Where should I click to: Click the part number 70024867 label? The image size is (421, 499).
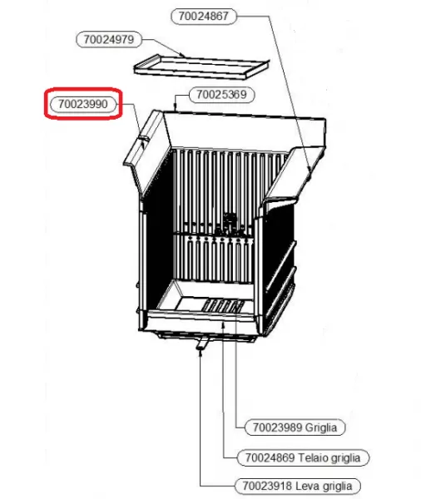click(x=204, y=16)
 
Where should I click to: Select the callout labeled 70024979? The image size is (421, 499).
click(x=109, y=40)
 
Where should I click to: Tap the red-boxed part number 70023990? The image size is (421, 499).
click(x=83, y=104)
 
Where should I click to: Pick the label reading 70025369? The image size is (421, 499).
click(x=221, y=95)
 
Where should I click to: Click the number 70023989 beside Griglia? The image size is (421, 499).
click(x=277, y=427)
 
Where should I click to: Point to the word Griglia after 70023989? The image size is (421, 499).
click(x=321, y=427)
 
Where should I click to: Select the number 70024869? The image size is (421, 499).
click(x=270, y=458)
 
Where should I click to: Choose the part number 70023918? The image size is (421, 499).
click(x=267, y=486)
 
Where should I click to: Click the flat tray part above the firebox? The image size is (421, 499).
click(x=201, y=67)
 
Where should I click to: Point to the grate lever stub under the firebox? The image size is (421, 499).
click(x=202, y=343)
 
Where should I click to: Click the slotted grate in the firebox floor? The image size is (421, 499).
click(x=224, y=306)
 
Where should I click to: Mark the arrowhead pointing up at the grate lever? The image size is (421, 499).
click(x=201, y=353)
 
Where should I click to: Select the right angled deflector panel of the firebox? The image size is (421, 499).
click(x=295, y=174)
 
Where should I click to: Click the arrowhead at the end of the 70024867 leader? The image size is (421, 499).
click(x=310, y=169)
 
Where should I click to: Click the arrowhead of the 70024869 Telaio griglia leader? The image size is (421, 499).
click(x=224, y=324)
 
